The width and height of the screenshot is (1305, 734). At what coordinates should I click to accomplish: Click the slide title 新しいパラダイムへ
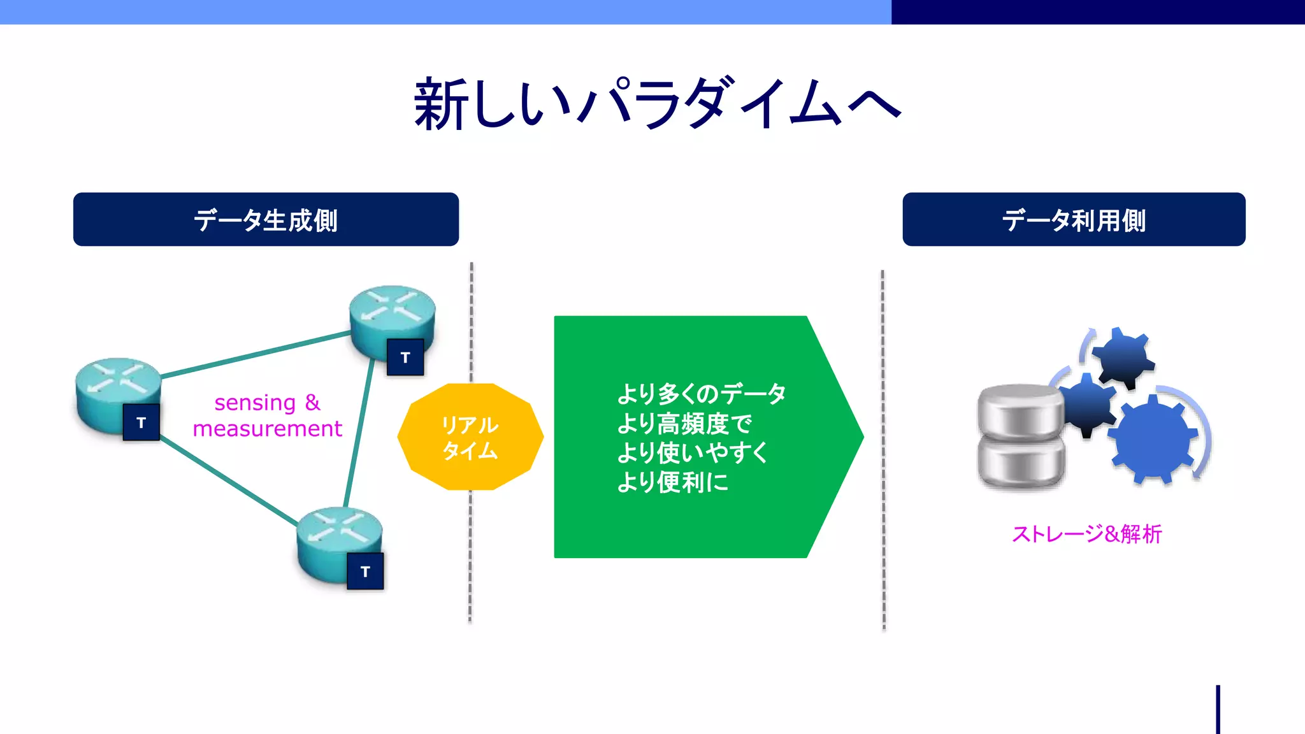(656, 104)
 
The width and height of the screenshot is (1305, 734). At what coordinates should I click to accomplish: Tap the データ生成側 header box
(266, 220)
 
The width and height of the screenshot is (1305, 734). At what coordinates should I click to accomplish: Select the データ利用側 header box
(1074, 220)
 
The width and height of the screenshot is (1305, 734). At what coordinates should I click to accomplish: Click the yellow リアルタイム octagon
(470, 437)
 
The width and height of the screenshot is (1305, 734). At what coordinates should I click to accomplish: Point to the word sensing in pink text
(255, 403)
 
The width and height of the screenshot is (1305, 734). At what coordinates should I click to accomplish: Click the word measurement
(267, 429)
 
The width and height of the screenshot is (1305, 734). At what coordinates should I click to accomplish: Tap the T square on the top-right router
(405, 357)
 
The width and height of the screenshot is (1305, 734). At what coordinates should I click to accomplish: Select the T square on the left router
(141, 422)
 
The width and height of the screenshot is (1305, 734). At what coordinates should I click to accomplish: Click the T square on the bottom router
(365, 572)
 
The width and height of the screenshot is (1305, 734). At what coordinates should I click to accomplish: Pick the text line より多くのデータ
(701, 394)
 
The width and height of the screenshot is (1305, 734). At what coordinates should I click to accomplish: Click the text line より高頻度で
(684, 424)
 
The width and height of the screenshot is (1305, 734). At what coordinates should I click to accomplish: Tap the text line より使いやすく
(693, 453)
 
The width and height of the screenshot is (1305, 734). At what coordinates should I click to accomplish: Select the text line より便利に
(672, 482)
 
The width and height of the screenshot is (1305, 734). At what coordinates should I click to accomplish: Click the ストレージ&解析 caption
(1086, 534)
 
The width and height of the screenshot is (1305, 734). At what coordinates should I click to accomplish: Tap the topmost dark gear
(1123, 357)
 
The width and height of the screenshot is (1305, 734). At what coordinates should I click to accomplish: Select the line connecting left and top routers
(255, 354)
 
